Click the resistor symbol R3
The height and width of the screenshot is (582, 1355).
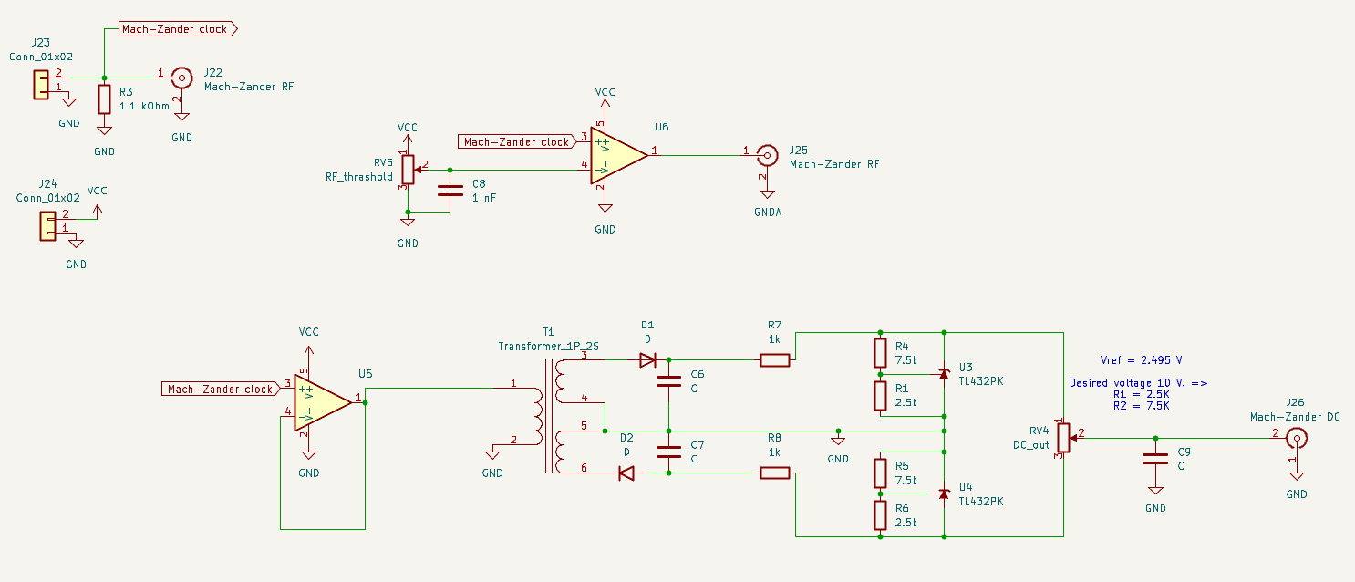tap(105, 99)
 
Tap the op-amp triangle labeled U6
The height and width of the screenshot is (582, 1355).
tap(618, 155)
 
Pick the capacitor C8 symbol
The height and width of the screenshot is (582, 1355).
tap(450, 191)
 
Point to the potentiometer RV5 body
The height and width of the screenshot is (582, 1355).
tap(409, 170)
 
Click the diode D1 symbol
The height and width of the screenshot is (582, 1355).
tap(647, 359)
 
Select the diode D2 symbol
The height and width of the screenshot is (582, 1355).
tap(626, 473)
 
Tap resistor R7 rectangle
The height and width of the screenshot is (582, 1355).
tap(775, 359)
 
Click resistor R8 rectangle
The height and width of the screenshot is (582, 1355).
tap(775, 473)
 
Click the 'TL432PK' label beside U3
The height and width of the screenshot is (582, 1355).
tap(981, 380)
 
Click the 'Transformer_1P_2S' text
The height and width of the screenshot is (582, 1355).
tap(548, 346)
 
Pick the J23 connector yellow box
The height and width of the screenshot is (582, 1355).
tap(41, 84)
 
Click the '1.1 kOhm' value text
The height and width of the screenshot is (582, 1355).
tap(144, 106)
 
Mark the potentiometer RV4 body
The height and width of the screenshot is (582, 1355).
tap(1062, 439)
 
